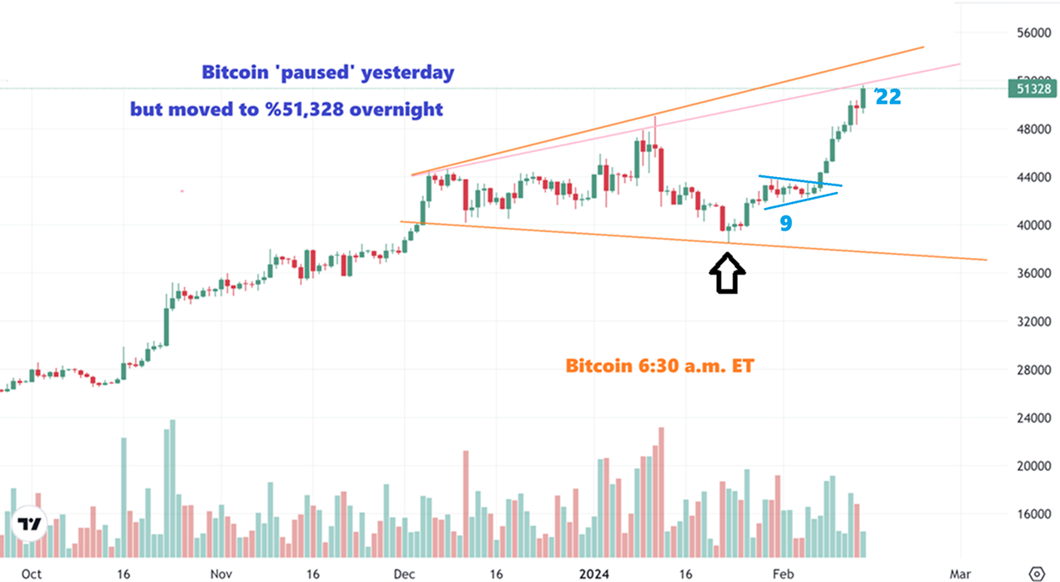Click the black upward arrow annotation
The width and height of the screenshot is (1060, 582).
tap(727, 273)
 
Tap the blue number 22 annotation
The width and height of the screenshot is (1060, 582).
tap(888, 97)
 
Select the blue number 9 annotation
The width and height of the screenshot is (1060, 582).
tap(785, 223)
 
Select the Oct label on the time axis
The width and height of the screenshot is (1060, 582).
tap(32, 574)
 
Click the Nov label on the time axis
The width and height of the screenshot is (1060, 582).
tap(220, 574)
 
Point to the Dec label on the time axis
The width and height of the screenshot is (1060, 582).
tap(404, 574)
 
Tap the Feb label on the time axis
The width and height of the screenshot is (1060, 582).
tap(782, 574)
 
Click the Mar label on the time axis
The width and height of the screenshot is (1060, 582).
tap(960, 574)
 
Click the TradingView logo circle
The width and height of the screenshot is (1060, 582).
tap(31, 524)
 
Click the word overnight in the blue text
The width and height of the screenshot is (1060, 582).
tap(396, 109)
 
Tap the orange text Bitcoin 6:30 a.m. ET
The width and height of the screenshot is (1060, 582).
tap(659, 366)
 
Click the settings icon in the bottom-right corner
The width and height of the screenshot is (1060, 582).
tap(1037, 574)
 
